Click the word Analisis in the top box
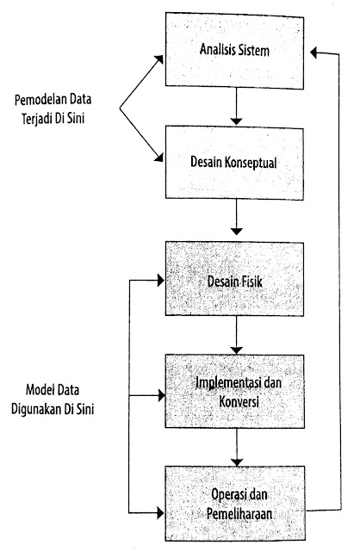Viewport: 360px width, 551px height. (x=218, y=49)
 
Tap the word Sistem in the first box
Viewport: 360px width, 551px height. (x=254, y=50)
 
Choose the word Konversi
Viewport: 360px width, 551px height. (x=239, y=401)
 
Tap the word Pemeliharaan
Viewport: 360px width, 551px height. (x=239, y=515)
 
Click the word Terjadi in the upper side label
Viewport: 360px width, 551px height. (x=36, y=119)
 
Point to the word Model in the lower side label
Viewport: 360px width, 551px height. (x=40, y=390)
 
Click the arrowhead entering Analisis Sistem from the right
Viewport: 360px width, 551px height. (x=314, y=53)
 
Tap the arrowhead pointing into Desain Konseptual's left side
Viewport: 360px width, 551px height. (x=158, y=157)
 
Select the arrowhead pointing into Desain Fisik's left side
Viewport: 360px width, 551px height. (x=161, y=281)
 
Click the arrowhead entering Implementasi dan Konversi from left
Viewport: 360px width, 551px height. (x=161, y=396)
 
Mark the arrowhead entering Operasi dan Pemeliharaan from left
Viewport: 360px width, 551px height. (x=161, y=513)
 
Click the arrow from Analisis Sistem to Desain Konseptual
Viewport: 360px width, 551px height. (x=237, y=106)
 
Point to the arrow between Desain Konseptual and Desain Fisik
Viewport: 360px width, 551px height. (x=237, y=217)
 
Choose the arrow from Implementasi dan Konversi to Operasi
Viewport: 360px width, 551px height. (x=237, y=447)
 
